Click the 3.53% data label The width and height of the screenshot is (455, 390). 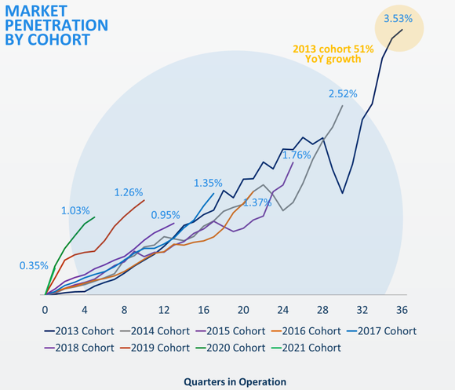[398, 18]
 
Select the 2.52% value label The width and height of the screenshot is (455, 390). [342, 93]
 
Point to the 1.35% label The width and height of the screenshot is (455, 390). [208, 183]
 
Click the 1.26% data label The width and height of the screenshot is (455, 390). [128, 192]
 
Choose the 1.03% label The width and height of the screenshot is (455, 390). [75, 210]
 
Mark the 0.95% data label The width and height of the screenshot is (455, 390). [166, 215]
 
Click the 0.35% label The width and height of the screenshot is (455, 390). [33, 266]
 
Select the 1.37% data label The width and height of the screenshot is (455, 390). [257, 202]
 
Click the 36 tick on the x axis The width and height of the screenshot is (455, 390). [402, 308]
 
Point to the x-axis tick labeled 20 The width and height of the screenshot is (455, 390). [243, 308]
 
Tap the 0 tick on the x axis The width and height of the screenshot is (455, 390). [45, 308]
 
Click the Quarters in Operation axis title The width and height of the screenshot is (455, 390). [235, 381]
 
